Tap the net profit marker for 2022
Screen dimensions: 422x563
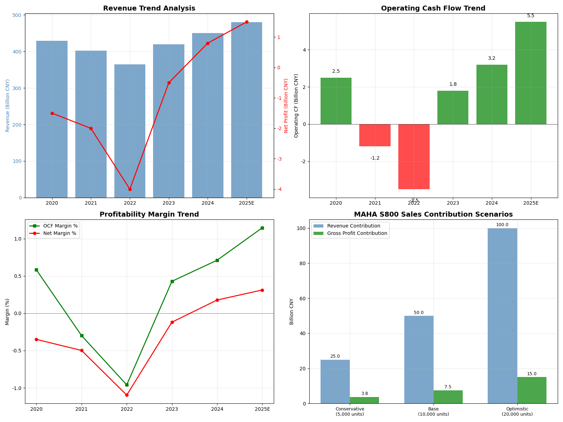(130, 189)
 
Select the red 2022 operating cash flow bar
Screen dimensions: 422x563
(414, 156)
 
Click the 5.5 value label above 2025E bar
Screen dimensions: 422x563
(531, 16)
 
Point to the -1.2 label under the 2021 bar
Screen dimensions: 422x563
(375, 158)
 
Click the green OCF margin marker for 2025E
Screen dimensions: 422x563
(262, 228)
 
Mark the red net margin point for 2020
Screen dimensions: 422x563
(36, 339)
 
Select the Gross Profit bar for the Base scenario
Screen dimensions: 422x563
(448, 397)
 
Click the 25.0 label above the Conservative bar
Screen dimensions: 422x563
(335, 356)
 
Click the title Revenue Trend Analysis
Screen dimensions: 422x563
(149, 8)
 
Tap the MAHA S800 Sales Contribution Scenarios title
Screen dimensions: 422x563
(433, 215)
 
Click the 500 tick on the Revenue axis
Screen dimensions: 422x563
(17, 15)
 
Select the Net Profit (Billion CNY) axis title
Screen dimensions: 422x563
(286, 105)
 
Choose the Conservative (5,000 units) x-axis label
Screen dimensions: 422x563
(350, 411)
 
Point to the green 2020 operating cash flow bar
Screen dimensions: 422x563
(336, 101)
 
